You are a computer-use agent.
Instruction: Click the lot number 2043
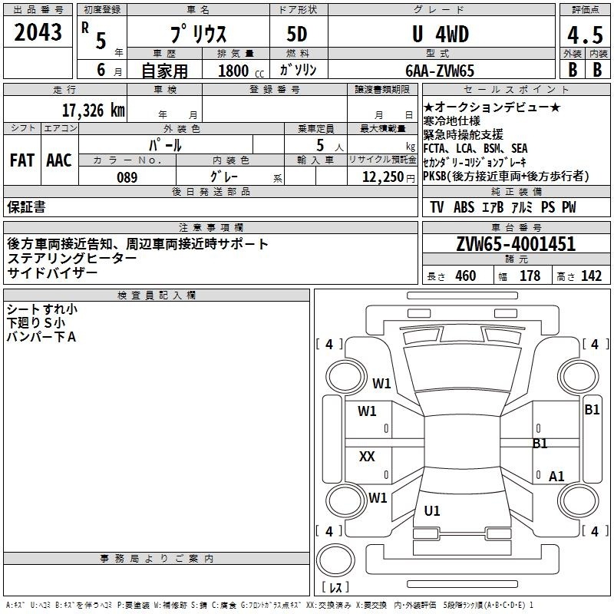tap(38, 32)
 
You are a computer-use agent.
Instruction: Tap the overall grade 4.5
tap(585, 35)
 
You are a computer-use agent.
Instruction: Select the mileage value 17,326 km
tap(93, 111)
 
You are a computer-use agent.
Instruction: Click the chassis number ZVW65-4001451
tap(516, 244)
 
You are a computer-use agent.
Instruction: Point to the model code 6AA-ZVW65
tap(440, 71)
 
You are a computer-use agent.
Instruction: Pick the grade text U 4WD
tap(441, 35)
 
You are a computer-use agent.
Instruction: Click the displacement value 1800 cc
tap(241, 71)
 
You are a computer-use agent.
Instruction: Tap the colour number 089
tap(127, 177)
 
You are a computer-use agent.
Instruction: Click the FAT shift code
tap(22, 160)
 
